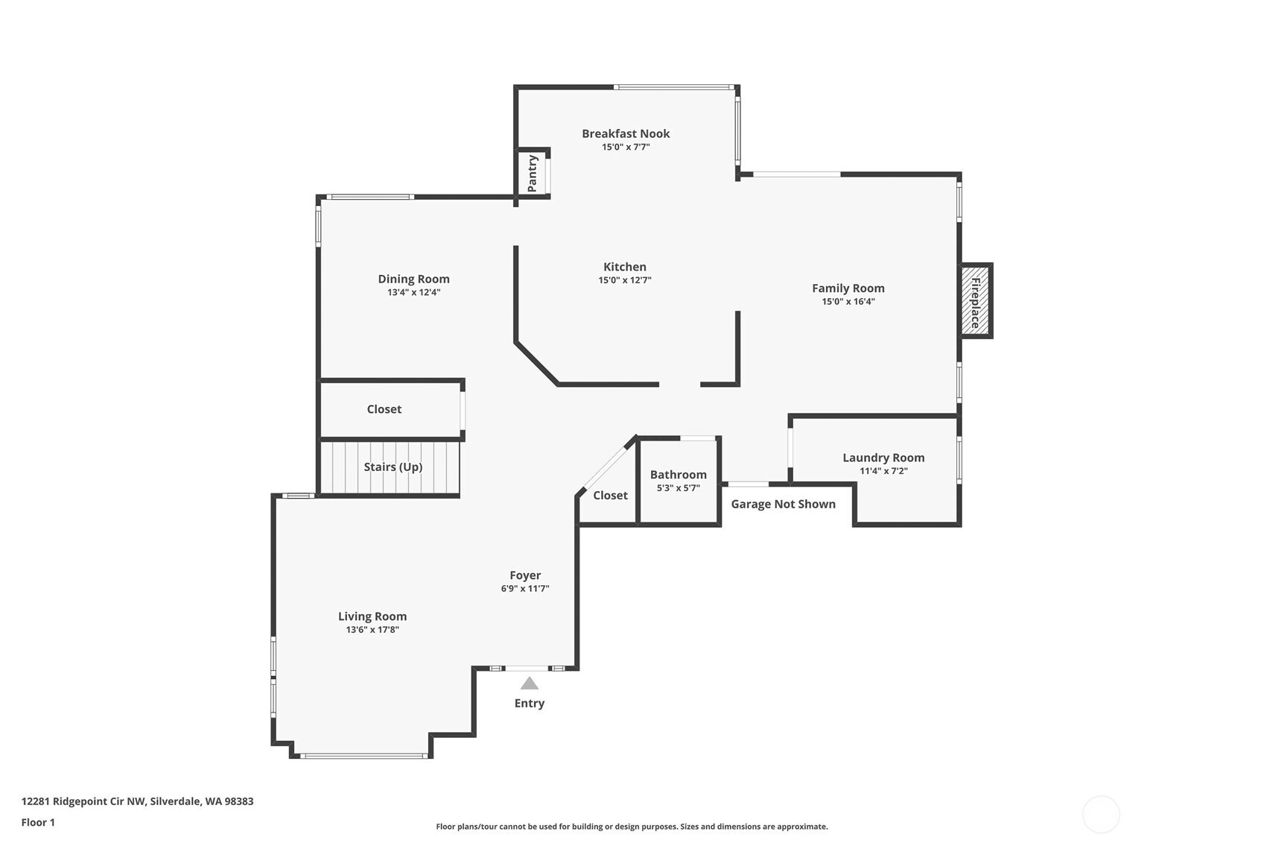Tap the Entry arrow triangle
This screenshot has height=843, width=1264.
(x=529, y=683)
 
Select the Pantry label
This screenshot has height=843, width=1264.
(x=533, y=174)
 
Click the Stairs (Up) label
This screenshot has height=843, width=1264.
(x=393, y=467)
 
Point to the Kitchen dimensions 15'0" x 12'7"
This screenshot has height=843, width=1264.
(x=624, y=280)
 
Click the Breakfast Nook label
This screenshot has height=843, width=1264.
(x=626, y=133)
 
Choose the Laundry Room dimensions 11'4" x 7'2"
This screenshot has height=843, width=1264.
(x=883, y=471)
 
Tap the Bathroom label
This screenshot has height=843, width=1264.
(x=678, y=474)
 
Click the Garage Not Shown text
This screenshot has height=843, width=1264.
(x=783, y=504)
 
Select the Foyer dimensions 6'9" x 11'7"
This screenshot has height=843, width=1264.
(x=525, y=589)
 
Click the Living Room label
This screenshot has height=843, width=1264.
(x=372, y=616)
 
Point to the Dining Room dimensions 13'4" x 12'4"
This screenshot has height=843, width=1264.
(x=413, y=292)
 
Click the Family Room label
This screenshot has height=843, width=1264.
(x=848, y=288)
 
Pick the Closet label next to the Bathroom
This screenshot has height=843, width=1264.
(x=610, y=495)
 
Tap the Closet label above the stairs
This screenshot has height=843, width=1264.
(x=384, y=409)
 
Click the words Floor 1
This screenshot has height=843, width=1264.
(x=38, y=822)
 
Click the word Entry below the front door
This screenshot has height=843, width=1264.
(x=529, y=703)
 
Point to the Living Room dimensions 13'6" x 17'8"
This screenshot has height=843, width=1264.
(x=372, y=630)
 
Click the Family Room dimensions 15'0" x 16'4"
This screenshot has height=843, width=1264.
(x=848, y=302)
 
